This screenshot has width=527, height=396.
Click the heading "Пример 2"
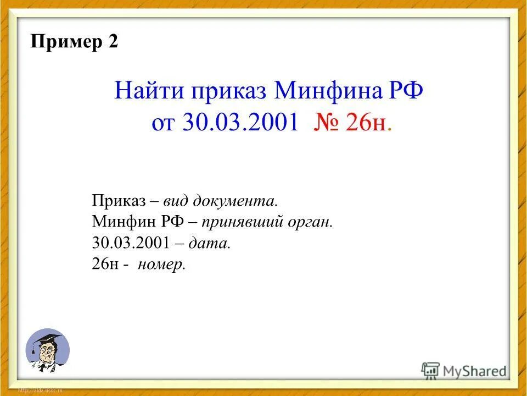click(75, 42)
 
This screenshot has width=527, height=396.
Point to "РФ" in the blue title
click(407, 90)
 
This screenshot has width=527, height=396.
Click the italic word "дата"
click(210, 244)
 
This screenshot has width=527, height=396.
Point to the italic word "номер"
click(162, 265)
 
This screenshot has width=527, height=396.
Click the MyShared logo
click(464, 371)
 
